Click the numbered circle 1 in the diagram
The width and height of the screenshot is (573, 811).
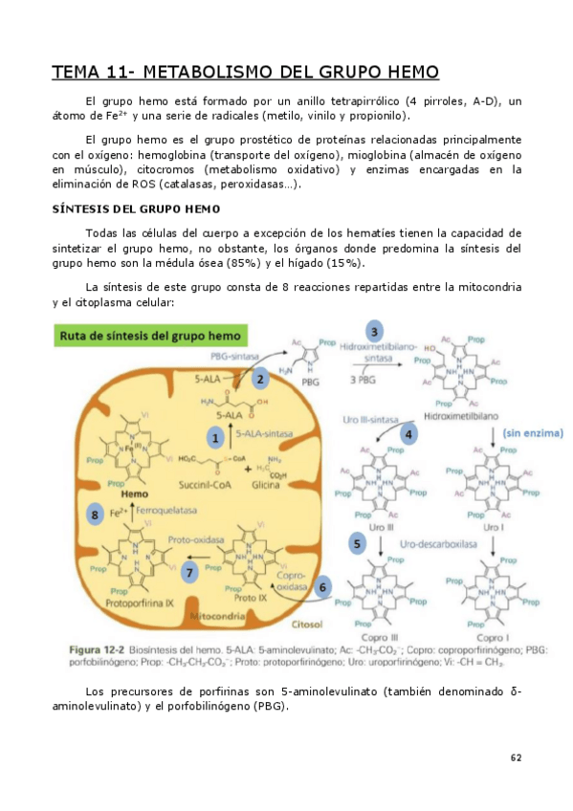[216, 439]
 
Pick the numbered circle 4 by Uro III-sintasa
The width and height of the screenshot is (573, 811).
[408, 433]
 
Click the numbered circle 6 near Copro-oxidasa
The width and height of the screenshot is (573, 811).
[322, 587]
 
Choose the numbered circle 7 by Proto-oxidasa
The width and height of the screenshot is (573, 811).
[190, 573]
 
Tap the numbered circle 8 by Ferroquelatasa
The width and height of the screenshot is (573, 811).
[94, 515]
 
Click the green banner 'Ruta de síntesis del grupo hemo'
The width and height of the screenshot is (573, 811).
[150, 336]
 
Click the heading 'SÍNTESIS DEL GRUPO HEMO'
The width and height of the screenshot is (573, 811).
[137, 208]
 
